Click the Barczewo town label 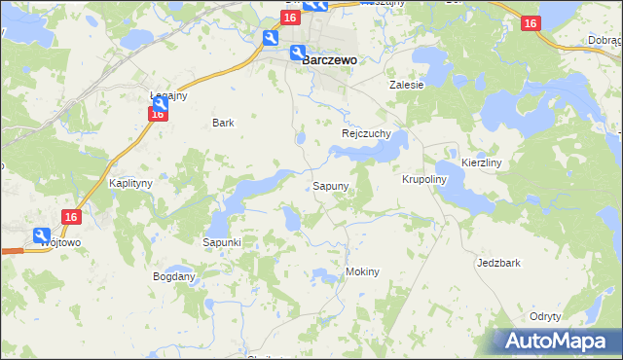[x=330, y=59]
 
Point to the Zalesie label [x=407, y=85]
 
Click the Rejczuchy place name [x=366, y=133]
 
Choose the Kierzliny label [x=481, y=163]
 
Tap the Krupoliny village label [x=423, y=180]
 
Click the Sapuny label [x=331, y=185]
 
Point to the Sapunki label [x=221, y=241]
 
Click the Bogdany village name [x=174, y=276]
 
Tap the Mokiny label [x=362, y=272]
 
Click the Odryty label [x=545, y=317]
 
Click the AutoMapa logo [x=555, y=341]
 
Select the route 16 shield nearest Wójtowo [x=70, y=219]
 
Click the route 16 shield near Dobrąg [x=531, y=24]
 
